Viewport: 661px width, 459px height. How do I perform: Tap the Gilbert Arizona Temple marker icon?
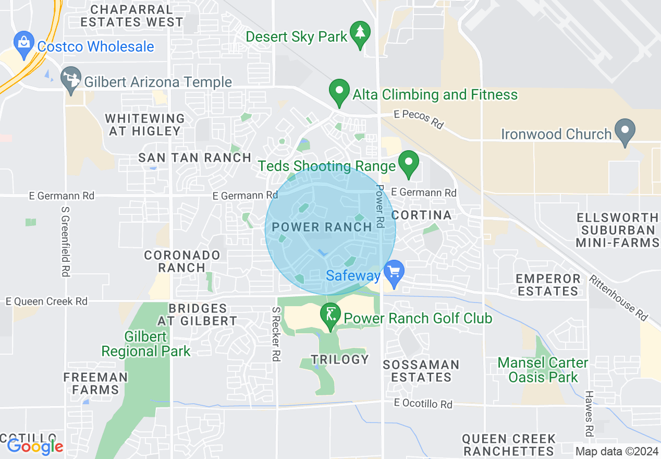(x=70, y=78)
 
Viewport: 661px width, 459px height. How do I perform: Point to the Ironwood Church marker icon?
(x=625, y=130)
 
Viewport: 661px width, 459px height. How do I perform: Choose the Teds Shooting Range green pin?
(x=409, y=163)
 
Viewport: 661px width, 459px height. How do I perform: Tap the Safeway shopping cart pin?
(x=394, y=272)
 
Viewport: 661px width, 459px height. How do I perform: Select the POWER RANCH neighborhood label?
(x=322, y=226)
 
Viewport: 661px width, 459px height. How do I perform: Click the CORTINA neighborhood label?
(x=421, y=215)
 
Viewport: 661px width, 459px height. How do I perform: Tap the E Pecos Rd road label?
(x=419, y=120)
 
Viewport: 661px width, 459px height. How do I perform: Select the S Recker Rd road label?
(x=276, y=334)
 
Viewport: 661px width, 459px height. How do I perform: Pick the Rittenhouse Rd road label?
(x=618, y=297)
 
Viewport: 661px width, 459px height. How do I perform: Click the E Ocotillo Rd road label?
(x=423, y=404)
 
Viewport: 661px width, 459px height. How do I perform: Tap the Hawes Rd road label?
(x=589, y=414)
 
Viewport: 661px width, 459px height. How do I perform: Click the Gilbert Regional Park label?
(x=145, y=344)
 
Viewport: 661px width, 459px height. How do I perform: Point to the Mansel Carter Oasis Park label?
(x=543, y=369)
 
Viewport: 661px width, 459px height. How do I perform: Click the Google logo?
(x=35, y=446)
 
